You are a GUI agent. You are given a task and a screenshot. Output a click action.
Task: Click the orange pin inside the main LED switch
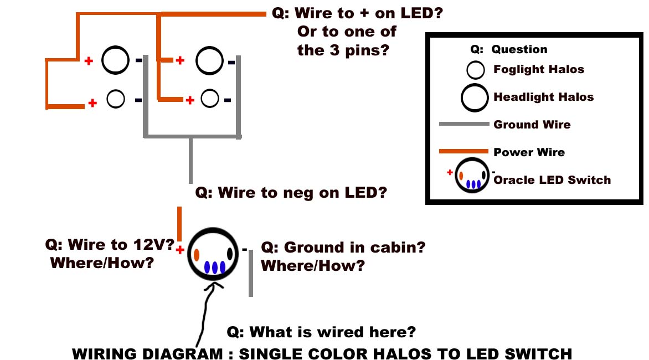[x=197, y=255]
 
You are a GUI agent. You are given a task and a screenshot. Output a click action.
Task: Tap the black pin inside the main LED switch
[x=230, y=253]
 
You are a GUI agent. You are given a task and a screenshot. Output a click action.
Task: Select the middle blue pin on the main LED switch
[x=214, y=268]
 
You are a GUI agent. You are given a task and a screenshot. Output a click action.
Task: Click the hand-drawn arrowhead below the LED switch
[x=214, y=284]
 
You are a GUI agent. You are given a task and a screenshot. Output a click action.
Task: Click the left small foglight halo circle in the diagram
[x=116, y=91]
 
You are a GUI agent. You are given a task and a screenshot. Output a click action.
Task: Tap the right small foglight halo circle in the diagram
[x=210, y=90]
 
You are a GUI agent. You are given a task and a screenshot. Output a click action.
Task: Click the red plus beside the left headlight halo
[x=89, y=61]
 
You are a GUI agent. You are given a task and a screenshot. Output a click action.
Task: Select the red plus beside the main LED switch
[x=179, y=250]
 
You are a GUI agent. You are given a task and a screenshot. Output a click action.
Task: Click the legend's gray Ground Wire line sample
[x=464, y=124]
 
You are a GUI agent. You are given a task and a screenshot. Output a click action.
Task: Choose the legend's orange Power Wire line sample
[x=463, y=151]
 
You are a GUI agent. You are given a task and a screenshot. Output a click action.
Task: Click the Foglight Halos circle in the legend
[x=476, y=61]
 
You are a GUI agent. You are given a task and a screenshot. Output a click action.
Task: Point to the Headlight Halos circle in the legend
[x=475, y=85]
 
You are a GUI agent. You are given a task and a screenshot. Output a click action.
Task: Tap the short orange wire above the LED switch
[x=179, y=224]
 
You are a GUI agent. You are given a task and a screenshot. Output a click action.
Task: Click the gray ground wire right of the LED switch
[x=251, y=273]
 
